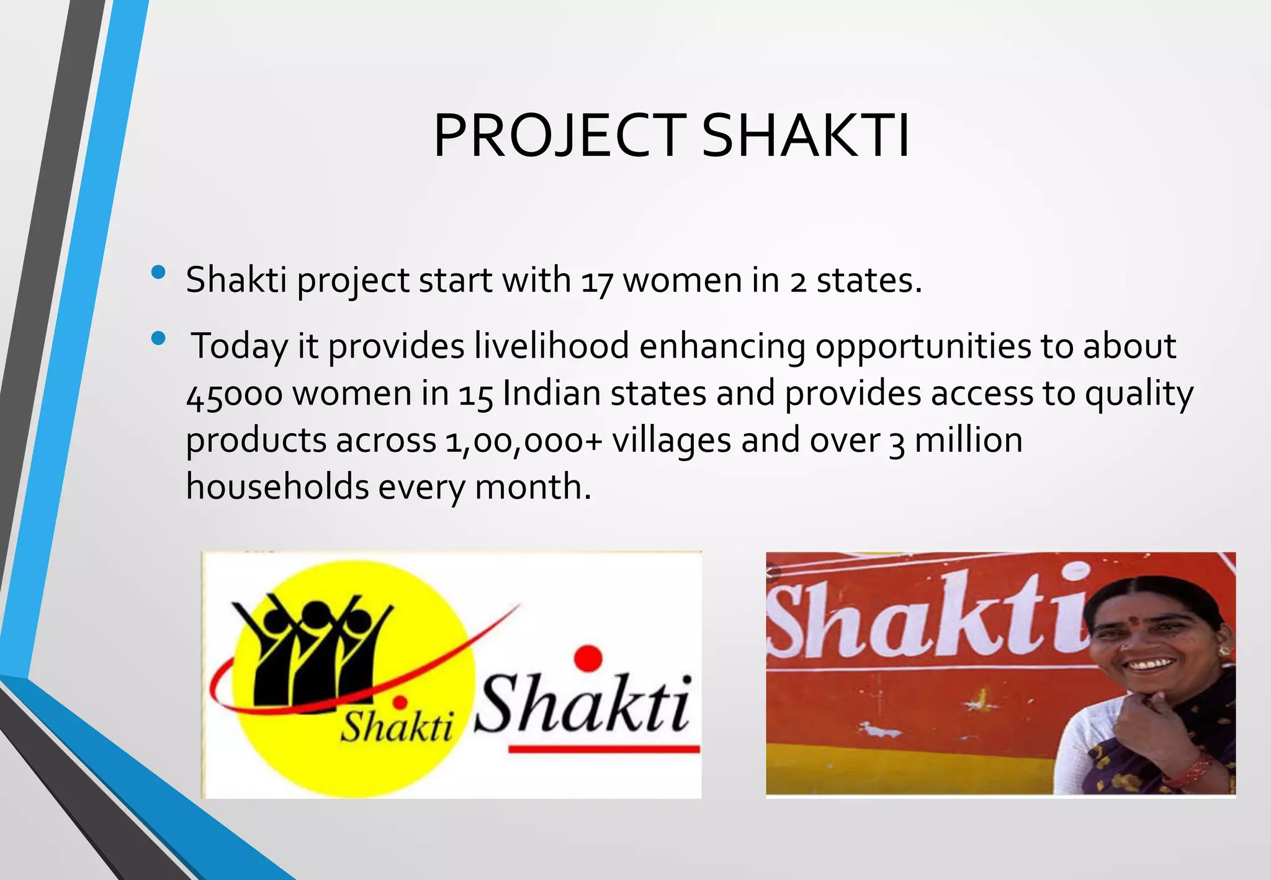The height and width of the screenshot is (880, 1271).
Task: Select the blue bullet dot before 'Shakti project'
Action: click(158, 272)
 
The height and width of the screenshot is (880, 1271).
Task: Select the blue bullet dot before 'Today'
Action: click(158, 338)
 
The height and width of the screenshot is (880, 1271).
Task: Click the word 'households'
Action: click(277, 487)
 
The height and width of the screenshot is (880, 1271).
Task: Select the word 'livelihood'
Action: click(552, 346)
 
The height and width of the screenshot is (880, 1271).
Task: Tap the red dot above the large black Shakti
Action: click(588, 658)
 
